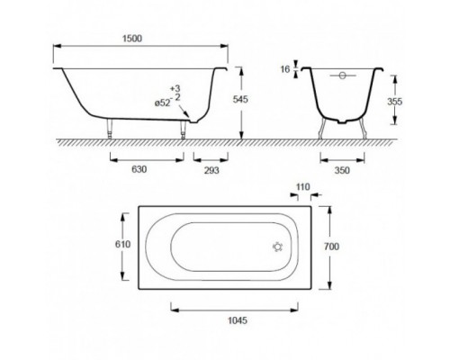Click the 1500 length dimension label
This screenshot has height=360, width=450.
132,39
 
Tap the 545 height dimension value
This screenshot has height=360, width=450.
240,99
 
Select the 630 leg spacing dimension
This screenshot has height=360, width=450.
139,169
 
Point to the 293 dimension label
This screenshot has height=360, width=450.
211,170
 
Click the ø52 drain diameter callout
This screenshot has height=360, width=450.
162,103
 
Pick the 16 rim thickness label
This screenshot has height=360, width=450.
285,69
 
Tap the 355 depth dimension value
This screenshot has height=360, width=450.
394,102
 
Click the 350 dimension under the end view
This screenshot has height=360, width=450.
342,170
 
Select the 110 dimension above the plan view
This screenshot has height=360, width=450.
302,187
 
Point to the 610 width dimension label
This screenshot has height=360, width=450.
123,245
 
